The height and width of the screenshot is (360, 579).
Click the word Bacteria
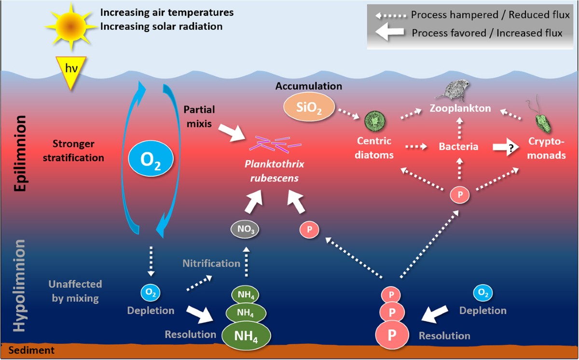pos(458,147)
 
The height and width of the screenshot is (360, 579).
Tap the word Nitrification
pos(211,263)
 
